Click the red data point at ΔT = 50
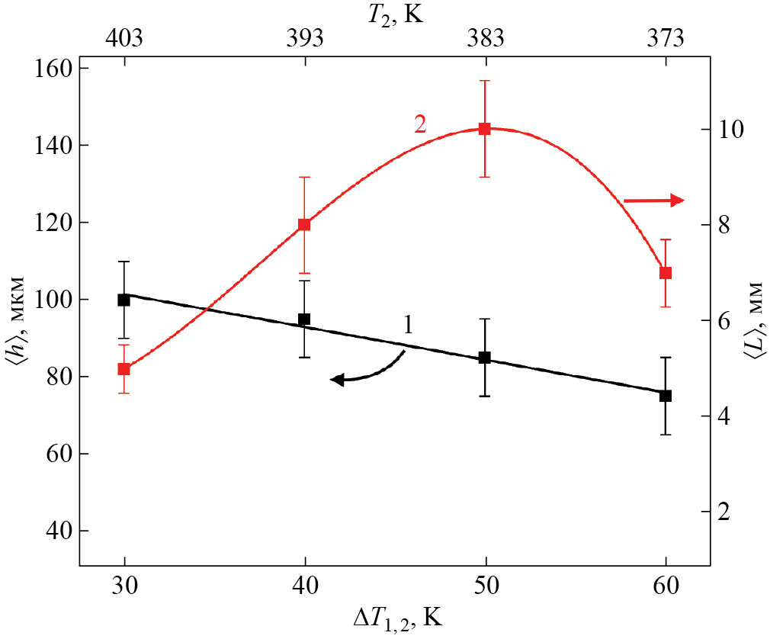(x=484, y=128)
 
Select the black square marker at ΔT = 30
(x=124, y=300)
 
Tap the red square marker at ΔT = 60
(x=666, y=272)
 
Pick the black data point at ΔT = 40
(x=304, y=319)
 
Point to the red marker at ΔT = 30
(x=124, y=369)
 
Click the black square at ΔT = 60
(x=666, y=396)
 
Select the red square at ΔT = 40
(x=304, y=224)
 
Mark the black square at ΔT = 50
(x=484, y=358)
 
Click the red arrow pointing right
(x=654, y=201)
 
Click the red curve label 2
(x=419, y=124)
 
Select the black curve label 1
(x=408, y=326)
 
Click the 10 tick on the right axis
(x=730, y=130)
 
